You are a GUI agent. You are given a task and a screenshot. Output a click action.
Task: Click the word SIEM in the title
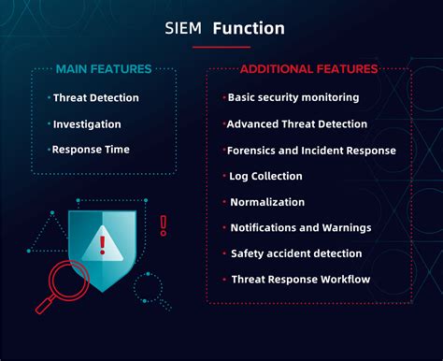tap(182, 28)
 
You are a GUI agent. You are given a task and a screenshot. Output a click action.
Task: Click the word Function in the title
tap(249, 28)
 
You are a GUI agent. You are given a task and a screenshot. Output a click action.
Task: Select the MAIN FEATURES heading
tap(103, 69)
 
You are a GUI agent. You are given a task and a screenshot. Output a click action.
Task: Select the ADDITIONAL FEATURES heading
tap(308, 69)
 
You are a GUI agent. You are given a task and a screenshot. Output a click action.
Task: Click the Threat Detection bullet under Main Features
tap(95, 97)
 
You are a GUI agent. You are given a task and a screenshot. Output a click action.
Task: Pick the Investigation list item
tap(86, 123)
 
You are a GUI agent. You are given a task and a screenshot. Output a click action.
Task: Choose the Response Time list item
tap(90, 149)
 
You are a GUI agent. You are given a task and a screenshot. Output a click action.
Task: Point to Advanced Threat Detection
tap(297, 123)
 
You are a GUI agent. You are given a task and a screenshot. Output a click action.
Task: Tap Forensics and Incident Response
tap(311, 150)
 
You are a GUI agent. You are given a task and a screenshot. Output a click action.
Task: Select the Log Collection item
tap(265, 176)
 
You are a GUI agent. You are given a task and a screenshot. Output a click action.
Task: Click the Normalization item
tap(267, 201)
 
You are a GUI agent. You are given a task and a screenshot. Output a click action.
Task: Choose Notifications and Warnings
tap(300, 227)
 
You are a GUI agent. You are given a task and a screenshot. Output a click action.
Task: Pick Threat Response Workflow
tap(300, 279)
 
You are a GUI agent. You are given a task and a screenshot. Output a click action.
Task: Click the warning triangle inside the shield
tap(102, 246)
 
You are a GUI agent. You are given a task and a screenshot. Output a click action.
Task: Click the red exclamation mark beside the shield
tap(164, 224)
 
